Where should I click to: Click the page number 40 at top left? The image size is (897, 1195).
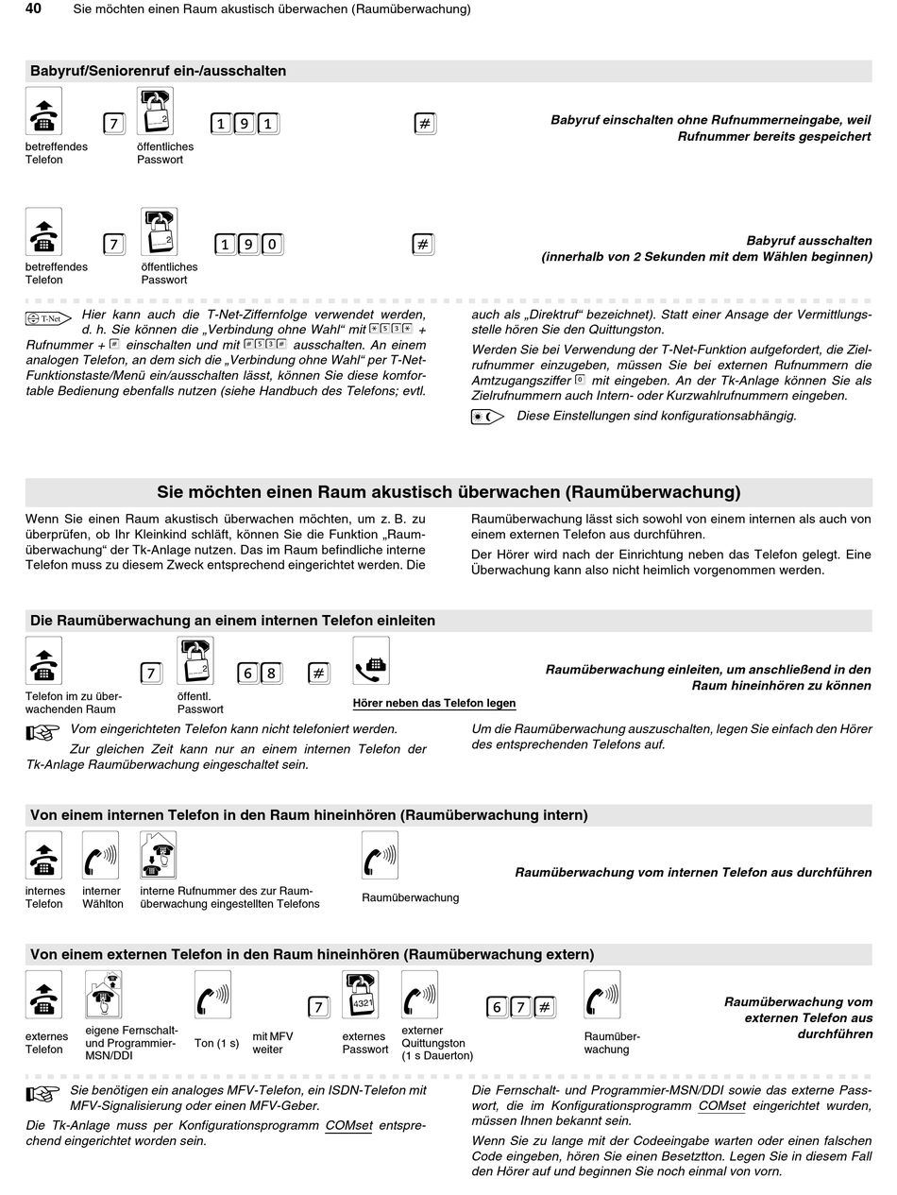33,9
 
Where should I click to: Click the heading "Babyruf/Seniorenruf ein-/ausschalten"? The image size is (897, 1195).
158,71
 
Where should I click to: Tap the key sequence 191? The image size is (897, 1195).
245,124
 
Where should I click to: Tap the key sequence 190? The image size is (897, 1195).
248,245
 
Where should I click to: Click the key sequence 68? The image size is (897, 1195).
260,673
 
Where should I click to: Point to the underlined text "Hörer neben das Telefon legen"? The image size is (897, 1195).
434,703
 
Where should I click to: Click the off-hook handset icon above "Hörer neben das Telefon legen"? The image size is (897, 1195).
371,660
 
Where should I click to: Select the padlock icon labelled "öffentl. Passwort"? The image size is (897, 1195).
195,660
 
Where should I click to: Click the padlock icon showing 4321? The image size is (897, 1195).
360,995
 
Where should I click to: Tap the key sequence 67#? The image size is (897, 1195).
521,1007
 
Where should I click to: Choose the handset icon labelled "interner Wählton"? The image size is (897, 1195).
100,855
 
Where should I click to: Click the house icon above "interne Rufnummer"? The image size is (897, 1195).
158,855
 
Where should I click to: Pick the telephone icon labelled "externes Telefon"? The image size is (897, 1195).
43,995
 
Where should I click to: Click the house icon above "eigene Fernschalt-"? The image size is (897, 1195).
104,995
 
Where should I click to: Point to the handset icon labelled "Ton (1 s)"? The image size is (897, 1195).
212,995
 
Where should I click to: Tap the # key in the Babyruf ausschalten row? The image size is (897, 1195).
424,245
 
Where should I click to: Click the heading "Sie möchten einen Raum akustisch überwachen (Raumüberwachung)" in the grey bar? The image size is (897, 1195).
448,492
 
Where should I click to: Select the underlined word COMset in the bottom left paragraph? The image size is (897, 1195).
348,1125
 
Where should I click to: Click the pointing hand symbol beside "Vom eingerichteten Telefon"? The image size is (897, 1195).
43,730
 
